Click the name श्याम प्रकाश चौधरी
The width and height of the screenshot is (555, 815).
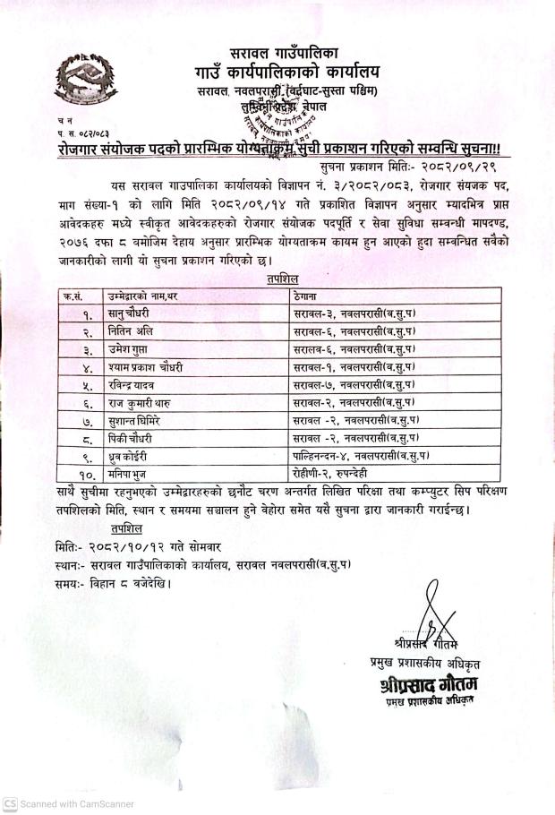coord(126,367)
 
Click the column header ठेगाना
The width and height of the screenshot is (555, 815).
coord(307,296)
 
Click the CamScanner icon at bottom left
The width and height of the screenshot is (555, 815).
coord(9,804)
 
